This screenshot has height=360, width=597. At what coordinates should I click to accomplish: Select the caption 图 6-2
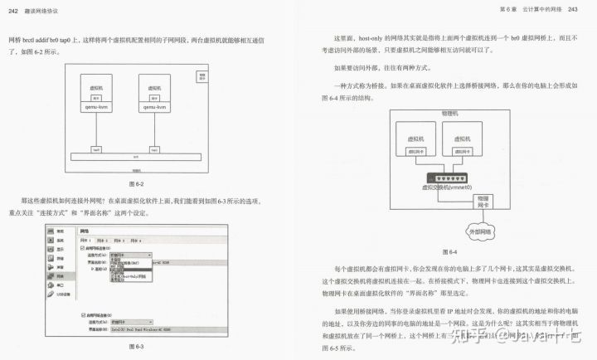(x=137, y=182)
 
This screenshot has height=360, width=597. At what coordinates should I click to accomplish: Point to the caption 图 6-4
(x=449, y=251)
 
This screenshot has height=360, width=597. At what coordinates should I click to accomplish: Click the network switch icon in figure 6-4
(x=449, y=177)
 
